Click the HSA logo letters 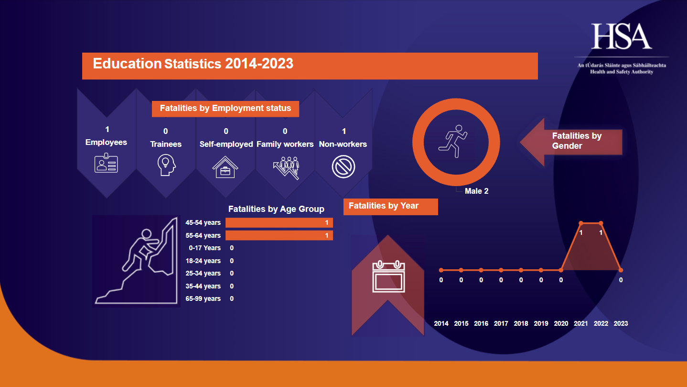621,36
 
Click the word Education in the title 127,64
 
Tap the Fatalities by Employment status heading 225,109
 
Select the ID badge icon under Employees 106,163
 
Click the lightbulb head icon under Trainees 166,166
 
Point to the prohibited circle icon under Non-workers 343,167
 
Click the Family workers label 285,144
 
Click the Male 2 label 476,191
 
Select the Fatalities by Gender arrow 571,141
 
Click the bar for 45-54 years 279,222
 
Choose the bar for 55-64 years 279,235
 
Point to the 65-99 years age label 203,299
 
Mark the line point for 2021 581,223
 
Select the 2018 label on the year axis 521,323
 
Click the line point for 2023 621,270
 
